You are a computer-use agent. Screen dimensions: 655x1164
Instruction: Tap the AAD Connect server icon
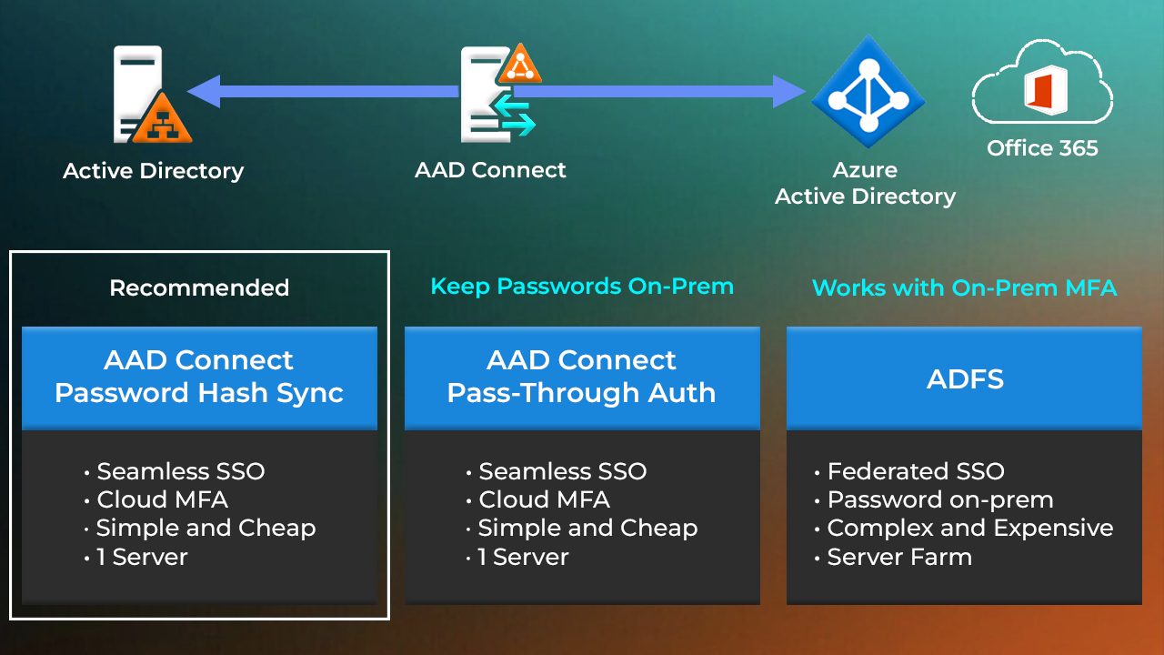point(496,93)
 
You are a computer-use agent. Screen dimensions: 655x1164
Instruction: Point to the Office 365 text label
point(1042,147)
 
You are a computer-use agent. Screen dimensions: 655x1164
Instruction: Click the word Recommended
point(199,288)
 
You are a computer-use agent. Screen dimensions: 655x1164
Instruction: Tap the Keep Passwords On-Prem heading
point(582,287)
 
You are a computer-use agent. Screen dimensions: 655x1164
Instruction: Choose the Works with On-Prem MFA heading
point(964,288)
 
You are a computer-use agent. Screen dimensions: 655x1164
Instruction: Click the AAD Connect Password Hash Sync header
point(199,377)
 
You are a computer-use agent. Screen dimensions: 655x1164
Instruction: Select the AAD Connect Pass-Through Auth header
point(582,377)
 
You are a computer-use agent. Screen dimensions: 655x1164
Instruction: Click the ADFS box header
point(964,378)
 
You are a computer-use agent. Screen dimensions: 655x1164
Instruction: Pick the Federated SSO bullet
point(915,471)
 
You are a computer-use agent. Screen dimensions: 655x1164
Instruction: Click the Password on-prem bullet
point(939,499)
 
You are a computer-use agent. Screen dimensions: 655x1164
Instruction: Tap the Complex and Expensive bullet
point(969,528)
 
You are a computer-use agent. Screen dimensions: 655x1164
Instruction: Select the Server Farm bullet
point(898,557)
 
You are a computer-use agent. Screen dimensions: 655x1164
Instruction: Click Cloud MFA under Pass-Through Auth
point(544,499)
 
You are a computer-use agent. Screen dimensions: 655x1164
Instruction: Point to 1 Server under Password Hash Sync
point(141,557)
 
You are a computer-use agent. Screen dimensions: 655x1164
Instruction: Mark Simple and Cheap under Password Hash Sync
point(206,528)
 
